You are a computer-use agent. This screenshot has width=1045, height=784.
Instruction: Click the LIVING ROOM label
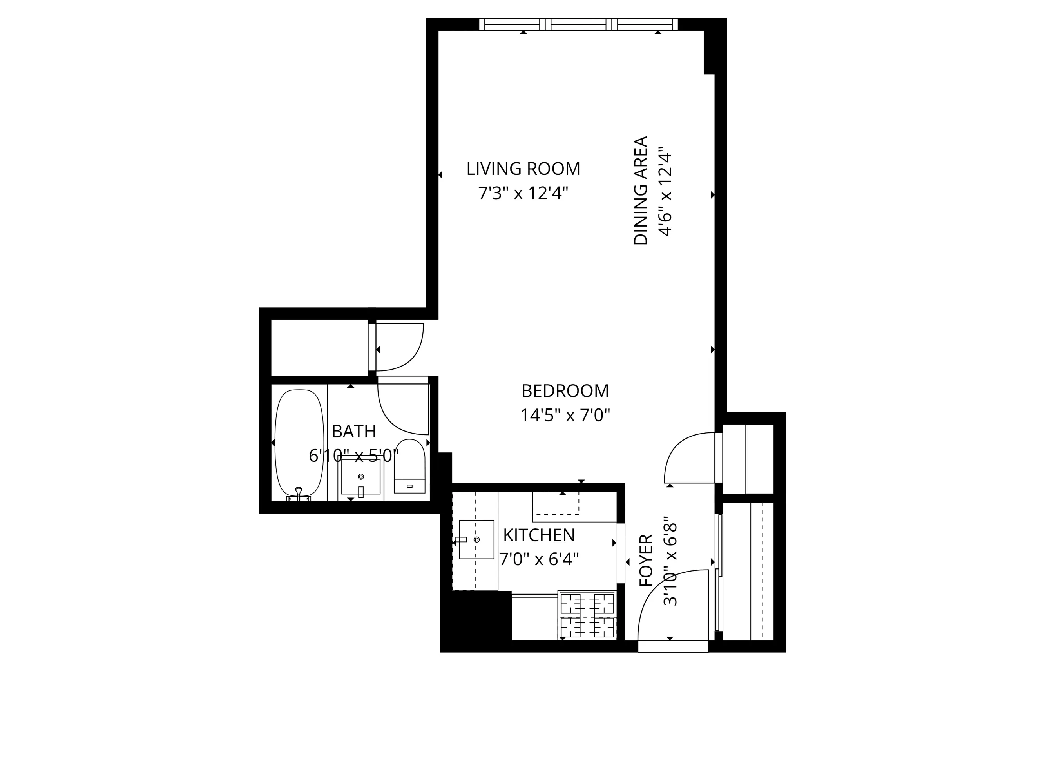pos(523,169)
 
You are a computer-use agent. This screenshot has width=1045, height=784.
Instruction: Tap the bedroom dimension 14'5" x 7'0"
pos(565,416)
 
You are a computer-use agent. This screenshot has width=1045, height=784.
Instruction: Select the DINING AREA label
pos(641,191)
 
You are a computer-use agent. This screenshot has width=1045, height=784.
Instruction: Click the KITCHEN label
pos(538,535)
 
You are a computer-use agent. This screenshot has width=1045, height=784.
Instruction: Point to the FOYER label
pos(646,561)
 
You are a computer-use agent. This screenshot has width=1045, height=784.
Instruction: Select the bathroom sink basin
pos(361,477)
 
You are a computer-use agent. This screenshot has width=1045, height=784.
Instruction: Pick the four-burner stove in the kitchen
pos(587,614)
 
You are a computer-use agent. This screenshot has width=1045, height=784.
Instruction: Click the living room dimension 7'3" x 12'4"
pos(523,193)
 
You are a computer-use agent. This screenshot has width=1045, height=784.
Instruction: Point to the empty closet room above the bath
pos(319,347)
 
